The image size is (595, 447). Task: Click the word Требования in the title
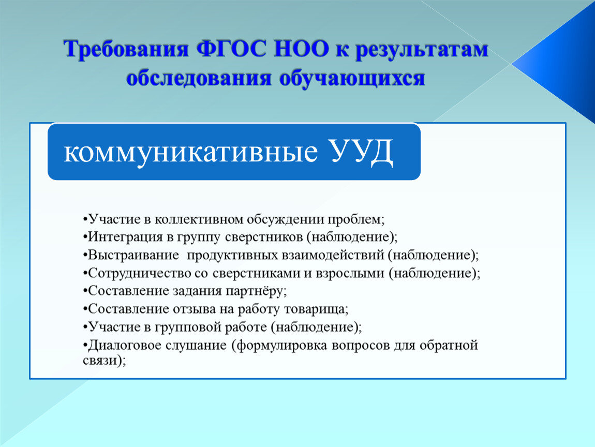tap(126, 49)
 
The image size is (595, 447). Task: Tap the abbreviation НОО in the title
tap(301, 49)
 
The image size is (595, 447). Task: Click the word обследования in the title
tap(199, 79)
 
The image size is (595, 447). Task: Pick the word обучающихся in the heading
tap(352, 79)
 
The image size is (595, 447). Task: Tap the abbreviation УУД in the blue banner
tap(362, 151)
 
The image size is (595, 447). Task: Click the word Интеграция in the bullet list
tap(125, 237)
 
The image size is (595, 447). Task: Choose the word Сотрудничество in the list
tap(139, 273)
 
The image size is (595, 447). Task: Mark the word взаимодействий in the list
tap(333, 255)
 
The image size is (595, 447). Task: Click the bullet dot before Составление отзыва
tap(85, 309)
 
